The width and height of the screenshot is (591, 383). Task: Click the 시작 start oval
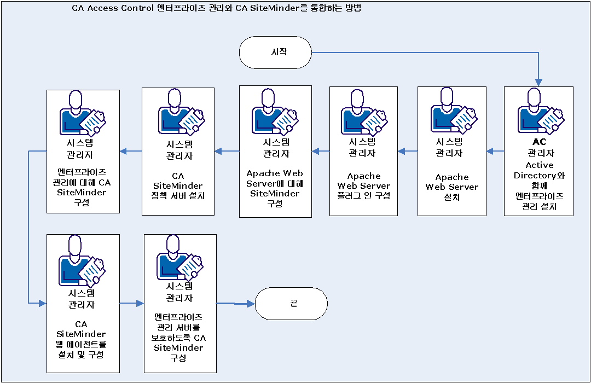pyautogui.click(x=275, y=53)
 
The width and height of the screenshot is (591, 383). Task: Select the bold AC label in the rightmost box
pyautogui.click(x=538, y=142)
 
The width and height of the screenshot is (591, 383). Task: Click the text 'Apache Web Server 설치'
pyautogui.click(x=452, y=187)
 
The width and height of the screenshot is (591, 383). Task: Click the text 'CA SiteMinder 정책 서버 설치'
pyautogui.click(x=178, y=186)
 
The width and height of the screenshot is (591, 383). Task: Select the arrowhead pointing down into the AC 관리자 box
pyautogui.click(x=539, y=82)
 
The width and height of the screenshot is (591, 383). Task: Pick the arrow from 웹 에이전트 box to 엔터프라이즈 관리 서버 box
pyautogui.click(x=131, y=303)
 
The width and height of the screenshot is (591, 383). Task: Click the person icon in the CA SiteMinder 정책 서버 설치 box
pyautogui.click(x=178, y=112)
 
